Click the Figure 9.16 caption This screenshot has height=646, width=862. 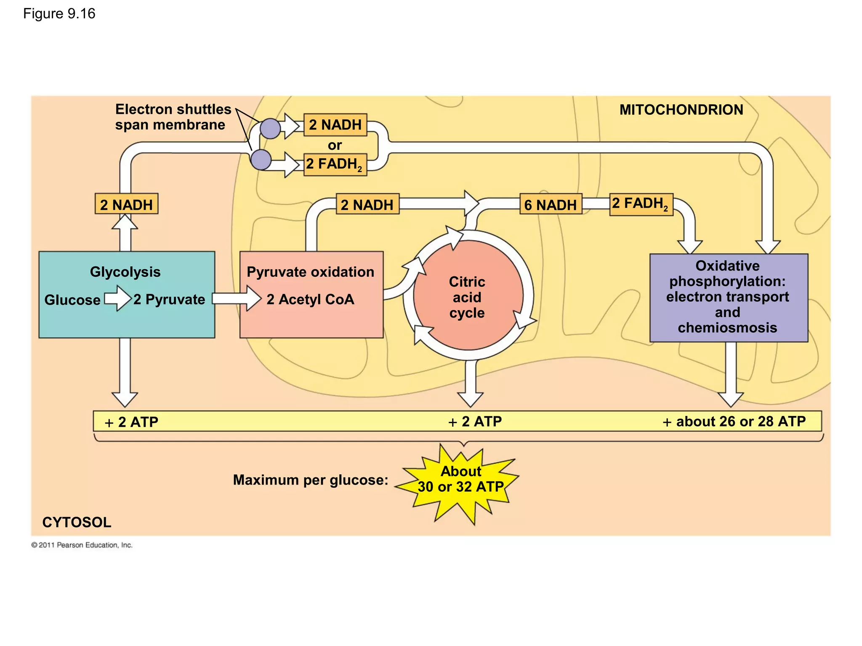click(59, 14)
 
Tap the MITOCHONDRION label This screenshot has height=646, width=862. click(681, 110)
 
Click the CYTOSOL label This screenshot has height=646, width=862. click(77, 522)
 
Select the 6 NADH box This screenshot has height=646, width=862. click(551, 205)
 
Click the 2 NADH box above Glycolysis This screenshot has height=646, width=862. click(126, 204)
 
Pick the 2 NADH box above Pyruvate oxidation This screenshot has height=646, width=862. click(367, 204)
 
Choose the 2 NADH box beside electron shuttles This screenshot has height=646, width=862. click(335, 125)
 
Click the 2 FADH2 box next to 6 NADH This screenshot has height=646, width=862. click(641, 204)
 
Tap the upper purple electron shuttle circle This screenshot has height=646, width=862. click(270, 128)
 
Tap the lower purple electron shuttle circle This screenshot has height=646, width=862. click(261, 160)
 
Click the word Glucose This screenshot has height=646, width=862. click(72, 300)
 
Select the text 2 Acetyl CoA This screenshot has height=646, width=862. click(310, 299)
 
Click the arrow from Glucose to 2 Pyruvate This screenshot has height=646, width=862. click(118, 299)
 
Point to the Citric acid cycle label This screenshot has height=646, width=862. click(467, 297)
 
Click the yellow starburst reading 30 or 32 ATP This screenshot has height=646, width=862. click(460, 480)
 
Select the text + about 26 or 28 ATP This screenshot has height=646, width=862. click(734, 421)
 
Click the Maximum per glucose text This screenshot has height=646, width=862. click(311, 480)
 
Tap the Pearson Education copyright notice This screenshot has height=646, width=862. click(82, 545)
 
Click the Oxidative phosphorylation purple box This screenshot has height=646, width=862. click(728, 297)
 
